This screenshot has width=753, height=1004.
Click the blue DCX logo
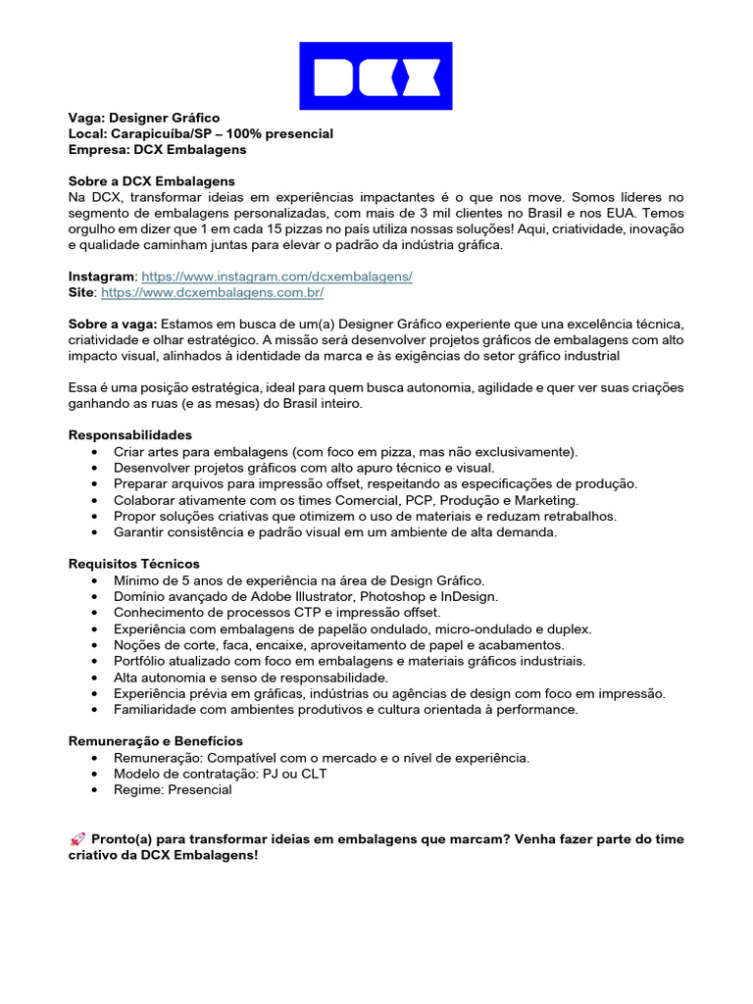[x=376, y=75]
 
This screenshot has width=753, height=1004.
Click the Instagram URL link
[x=276, y=277]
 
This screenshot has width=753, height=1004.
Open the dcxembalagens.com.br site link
[x=212, y=293]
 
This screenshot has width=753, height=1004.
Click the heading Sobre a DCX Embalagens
[x=151, y=181]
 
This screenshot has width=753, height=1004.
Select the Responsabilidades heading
[x=129, y=435]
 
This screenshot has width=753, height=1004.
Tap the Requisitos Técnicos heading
[x=133, y=565]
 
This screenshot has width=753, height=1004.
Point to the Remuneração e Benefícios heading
[x=155, y=741]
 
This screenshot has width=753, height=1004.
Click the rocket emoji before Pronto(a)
[x=77, y=839]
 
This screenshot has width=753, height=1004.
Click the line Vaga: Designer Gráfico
[x=143, y=118]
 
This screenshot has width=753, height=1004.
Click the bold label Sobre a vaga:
[x=112, y=325]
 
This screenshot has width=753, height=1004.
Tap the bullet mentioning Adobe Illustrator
[x=305, y=596]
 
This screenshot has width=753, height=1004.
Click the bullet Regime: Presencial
[x=173, y=789]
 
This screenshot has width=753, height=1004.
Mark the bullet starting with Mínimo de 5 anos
[x=298, y=580]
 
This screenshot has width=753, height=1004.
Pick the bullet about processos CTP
[x=276, y=612]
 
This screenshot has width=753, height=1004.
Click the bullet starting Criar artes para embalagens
[x=345, y=451]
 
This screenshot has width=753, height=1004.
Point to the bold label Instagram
[x=101, y=277]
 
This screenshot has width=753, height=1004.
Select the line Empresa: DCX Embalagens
[x=157, y=150]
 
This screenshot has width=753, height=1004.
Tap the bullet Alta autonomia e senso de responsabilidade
[x=250, y=678]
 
